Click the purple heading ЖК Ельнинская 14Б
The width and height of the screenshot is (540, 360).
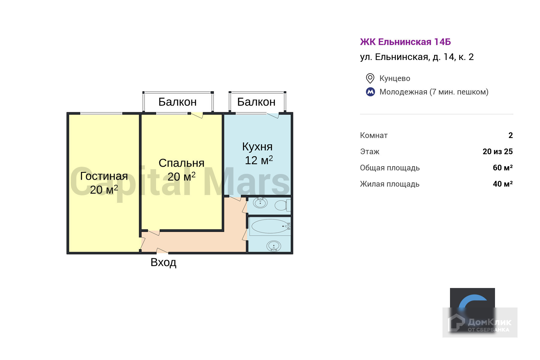coord(405,42)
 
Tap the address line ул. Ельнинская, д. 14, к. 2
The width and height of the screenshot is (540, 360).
coord(417,57)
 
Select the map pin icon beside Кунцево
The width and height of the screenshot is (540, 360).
coord(370,78)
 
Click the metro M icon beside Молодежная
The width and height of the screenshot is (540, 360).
coord(370,92)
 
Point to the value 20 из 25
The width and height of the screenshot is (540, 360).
coord(497,151)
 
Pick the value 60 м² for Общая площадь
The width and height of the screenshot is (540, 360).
coord(502,168)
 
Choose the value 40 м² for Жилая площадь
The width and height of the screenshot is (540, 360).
coord(502,184)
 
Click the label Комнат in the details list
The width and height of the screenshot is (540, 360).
coord(374,136)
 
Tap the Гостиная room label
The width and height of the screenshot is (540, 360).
coord(104,176)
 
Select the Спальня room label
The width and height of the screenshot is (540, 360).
coord(181,163)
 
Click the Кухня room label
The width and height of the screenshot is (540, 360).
coord(257,147)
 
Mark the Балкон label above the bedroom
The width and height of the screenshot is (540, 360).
coord(177,102)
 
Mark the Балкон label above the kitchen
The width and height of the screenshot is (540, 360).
coord(256,102)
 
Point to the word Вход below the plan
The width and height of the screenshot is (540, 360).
coord(163,262)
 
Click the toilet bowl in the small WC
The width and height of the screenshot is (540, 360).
coord(281,205)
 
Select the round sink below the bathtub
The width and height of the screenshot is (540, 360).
coord(274,246)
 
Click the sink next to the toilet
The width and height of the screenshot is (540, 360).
coord(260,203)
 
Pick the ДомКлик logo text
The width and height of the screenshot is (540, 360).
coord(489,323)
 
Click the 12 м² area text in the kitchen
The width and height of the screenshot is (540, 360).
coord(259,160)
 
